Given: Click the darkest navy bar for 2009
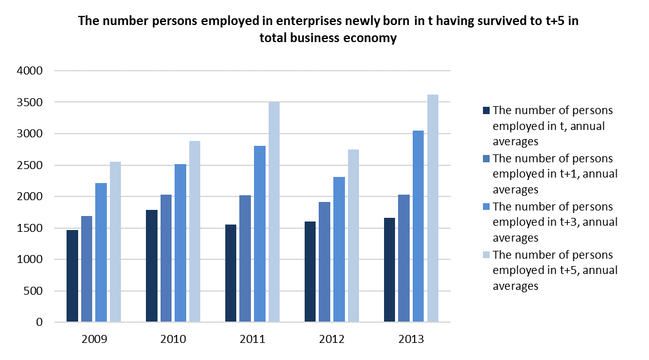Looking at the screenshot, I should (72, 276).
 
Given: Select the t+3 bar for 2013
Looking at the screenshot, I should (418, 226).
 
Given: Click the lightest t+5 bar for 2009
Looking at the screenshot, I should (115, 242).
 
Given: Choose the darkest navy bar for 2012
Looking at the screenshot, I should (310, 272).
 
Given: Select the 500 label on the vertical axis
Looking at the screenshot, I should (34, 291).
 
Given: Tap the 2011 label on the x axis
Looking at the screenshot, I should (253, 339).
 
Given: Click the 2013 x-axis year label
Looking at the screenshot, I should (412, 339).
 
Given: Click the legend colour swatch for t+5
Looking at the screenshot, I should (486, 255).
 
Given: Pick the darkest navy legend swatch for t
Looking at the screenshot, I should (486, 111).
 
